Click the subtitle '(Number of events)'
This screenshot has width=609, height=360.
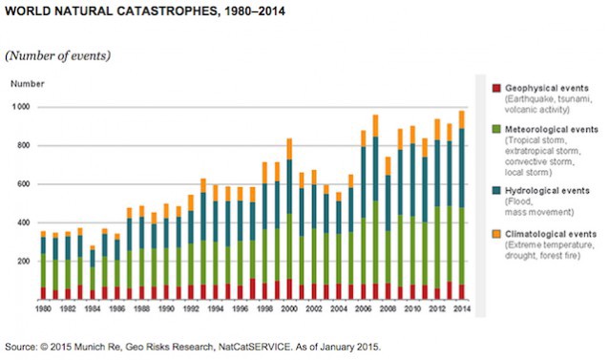pyautogui.click(x=59, y=53)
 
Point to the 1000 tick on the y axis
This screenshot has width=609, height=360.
pyautogui.click(x=20, y=107)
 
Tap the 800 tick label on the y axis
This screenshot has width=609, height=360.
pyautogui.click(x=22, y=145)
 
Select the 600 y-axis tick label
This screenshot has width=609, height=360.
pyautogui.click(x=22, y=184)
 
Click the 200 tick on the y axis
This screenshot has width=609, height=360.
pyautogui.click(x=22, y=261)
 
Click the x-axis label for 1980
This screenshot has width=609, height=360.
pyautogui.click(x=42, y=309)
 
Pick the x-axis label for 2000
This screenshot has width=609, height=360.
pyautogui.click(x=288, y=309)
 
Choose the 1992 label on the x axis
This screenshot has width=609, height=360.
pyautogui.click(x=190, y=309)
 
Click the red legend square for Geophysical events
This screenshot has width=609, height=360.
pyautogui.click(x=495, y=88)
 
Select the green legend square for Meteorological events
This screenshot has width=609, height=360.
pyautogui.click(x=495, y=127)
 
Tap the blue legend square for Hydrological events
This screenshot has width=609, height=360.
pyautogui.click(x=495, y=191)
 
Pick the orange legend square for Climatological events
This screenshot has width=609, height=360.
pyautogui.click(x=495, y=233)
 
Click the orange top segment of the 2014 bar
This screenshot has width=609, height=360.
pyautogui.click(x=461, y=119)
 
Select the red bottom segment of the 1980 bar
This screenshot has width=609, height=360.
pyautogui.click(x=42, y=292)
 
